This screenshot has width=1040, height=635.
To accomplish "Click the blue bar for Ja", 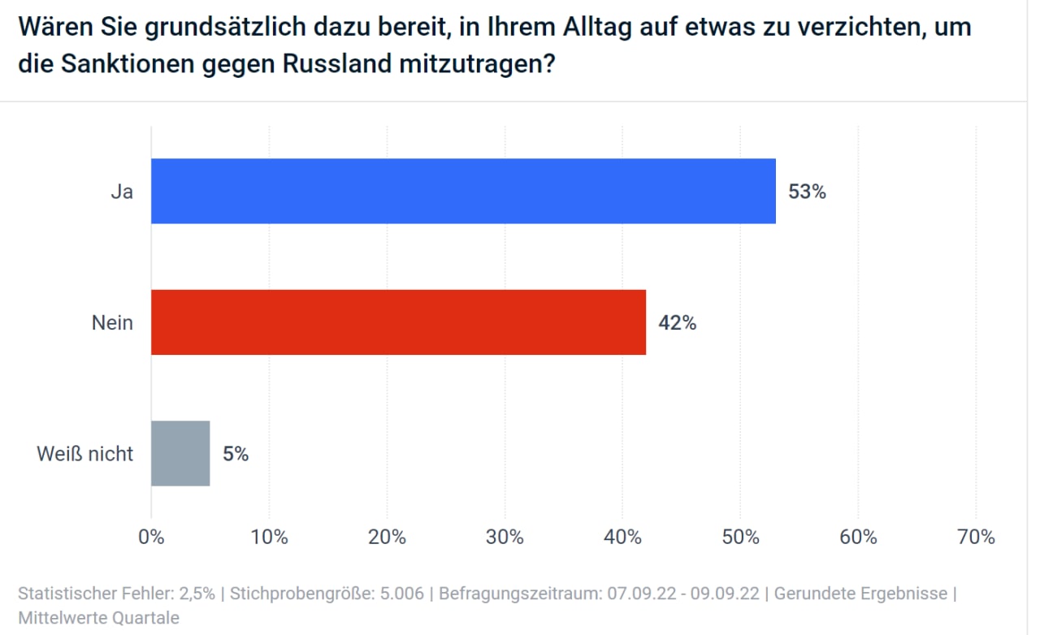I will click(x=463, y=191).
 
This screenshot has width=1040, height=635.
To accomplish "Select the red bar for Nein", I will click(x=398, y=322).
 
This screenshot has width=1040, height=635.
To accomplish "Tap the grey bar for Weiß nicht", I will click(x=180, y=453).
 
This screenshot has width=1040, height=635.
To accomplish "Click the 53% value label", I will click(x=807, y=192).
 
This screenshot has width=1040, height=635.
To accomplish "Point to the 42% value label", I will click(x=677, y=323).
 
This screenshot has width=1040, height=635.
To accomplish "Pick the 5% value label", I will click(x=236, y=454).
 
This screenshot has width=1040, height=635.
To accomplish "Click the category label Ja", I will click(x=122, y=192).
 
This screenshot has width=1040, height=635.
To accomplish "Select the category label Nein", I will click(x=112, y=323).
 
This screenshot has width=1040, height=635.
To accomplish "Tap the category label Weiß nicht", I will click(x=84, y=454).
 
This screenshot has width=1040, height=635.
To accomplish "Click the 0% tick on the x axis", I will click(x=151, y=537).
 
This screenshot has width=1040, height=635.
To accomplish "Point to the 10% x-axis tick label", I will click(x=269, y=537).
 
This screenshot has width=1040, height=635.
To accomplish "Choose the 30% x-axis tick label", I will click(x=505, y=537).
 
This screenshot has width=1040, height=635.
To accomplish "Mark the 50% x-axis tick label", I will click(x=740, y=537).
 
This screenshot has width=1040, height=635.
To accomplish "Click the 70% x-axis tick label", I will click(x=976, y=537).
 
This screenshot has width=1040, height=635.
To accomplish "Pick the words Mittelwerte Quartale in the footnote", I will click(x=98, y=618).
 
